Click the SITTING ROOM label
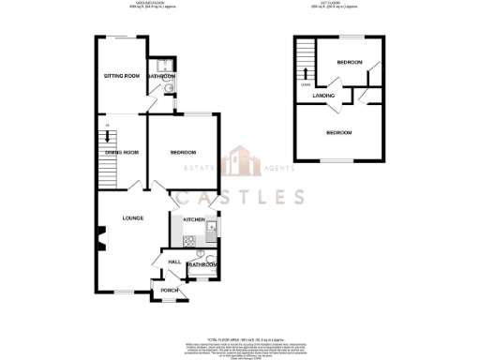click(x=122, y=75)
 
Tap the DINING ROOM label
click(x=122, y=152)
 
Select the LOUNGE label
click(x=132, y=218)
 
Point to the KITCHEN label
click(x=194, y=219)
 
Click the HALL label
click(x=174, y=262)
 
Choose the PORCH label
click(x=170, y=291)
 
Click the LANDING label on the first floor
click(x=325, y=96)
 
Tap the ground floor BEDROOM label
click(x=183, y=153)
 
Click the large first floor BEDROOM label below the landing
click(x=339, y=133)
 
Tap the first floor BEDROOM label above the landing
click(x=351, y=62)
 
